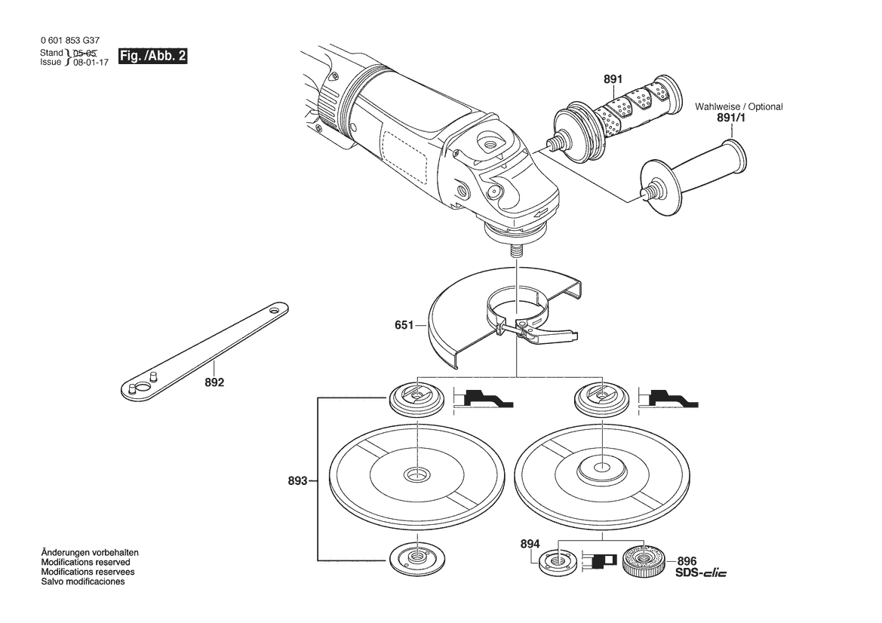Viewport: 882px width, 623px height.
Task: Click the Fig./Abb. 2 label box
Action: pyautogui.click(x=152, y=57)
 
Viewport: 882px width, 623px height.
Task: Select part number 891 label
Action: pyautogui.click(x=613, y=79)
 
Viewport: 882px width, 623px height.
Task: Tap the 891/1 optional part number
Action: pyautogui.click(x=731, y=118)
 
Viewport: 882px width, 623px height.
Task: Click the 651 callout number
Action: pyautogui.click(x=404, y=325)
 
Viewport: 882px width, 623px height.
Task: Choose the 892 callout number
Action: pyautogui.click(x=214, y=382)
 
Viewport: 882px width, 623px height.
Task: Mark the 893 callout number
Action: pyautogui.click(x=297, y=480)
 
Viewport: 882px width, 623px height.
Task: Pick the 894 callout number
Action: pyautogui.click(x=530, y=544)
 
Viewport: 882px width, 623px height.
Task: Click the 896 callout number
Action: pyautogui.click(x=687, y=561)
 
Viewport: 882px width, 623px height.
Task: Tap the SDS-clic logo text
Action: pyautogui.click(x=700, y=573)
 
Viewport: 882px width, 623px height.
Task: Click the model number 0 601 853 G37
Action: pyautogui.click(x=70, y=41)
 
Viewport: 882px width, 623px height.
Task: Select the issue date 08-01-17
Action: pyautogui.click(x=91, y=63)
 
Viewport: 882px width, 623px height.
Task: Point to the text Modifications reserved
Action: pyautogui.click(x=85, y=562)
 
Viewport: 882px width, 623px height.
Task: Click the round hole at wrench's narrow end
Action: pyautogui.click(x=275, y=310)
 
